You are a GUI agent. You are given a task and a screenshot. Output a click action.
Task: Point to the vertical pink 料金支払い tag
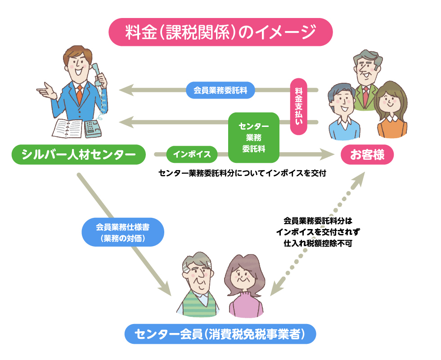coord(299,107)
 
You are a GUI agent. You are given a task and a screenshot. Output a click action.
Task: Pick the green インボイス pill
coord(192,155)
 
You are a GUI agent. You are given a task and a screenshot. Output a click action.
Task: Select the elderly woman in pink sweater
coord(243,288)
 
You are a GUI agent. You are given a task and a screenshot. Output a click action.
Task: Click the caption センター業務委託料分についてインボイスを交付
coord(242,172)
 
